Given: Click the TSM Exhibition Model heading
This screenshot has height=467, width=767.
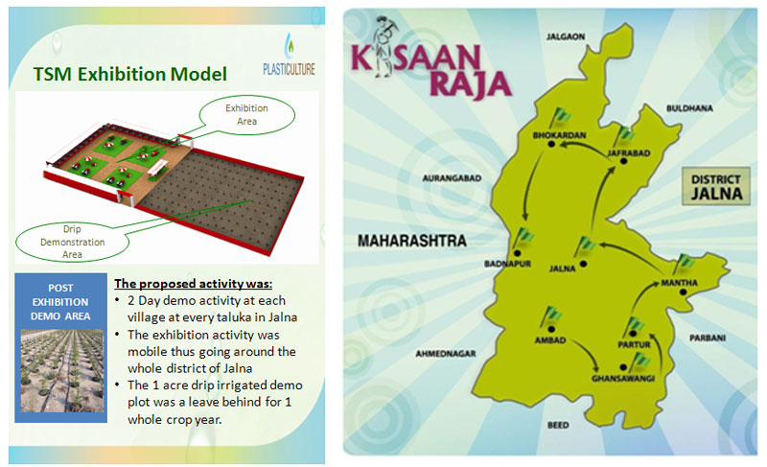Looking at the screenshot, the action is pyautogui.click(x=130, y=75).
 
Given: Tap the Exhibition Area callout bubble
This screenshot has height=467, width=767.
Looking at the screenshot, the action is pyautogui.click(x=246, y=114).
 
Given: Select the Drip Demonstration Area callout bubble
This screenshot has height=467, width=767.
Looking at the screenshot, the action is pyautogui.click(x=72, y=241).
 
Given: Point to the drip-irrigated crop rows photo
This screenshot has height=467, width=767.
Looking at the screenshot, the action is pyautogui.click(x=62, y=371).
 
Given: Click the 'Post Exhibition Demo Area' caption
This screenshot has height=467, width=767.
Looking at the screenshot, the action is pyautogui.click(x=60, y=302).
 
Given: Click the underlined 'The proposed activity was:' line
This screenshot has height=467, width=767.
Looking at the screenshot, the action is pyautogui.click(x=194, y=284).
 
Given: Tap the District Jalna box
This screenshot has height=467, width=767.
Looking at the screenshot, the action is pyautogui.click(x=716, y=186).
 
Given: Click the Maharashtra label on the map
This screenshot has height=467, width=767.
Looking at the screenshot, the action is pyautogui.click(x=412, y=241).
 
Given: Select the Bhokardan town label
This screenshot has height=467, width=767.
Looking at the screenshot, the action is pyautogui.click(x=559, y=135).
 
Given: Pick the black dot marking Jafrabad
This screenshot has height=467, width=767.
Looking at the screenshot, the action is pyautogui.click(x=624, y=161).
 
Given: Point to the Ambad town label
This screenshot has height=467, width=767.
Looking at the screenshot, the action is pyautogui.click(x=549, y=339).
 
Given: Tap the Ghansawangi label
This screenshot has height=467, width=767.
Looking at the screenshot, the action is pyautogui.click(x=622, y=379).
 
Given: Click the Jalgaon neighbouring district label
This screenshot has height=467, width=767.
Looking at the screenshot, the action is pyautogui.click(x=566, y=36).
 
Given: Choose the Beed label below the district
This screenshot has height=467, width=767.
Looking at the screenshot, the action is pyautogui.click(x=558, y=425).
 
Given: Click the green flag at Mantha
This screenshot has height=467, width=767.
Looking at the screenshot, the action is pyautogui.click(x=684, y=264).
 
